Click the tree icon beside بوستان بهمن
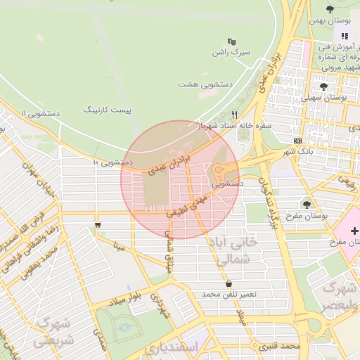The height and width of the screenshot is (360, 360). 330,9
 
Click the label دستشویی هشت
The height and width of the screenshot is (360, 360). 208,83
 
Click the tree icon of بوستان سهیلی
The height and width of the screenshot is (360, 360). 323,86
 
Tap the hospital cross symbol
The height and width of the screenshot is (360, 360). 354,230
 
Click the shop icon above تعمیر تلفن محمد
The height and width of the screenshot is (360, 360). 229,283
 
